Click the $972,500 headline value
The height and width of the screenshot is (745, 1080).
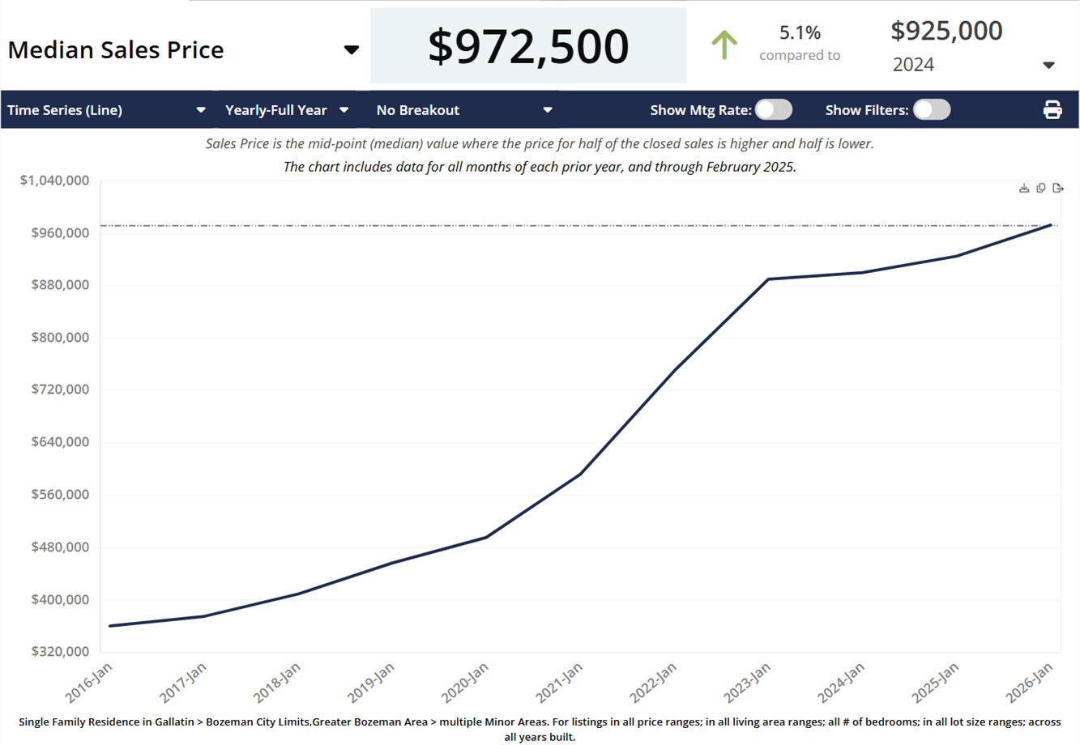tap(528, 46)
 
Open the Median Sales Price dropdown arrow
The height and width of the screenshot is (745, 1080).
tap(351, 50)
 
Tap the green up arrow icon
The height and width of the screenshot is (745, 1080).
tap(724, 45)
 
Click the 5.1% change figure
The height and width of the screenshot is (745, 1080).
tap(800, 33)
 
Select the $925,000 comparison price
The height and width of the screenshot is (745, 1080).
tap(946, 31)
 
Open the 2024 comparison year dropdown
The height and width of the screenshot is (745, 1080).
tap(1048, 65)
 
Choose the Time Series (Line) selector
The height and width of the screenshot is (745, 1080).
tap(106, 110)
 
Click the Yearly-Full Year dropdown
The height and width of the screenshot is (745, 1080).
tap(287, 110)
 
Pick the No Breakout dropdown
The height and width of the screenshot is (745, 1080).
tap(463, 110)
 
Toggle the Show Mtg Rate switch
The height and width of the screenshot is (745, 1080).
tap(773, 110)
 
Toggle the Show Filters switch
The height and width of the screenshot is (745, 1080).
tap(931, 110)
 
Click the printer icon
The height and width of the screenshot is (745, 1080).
tap(1052, 110)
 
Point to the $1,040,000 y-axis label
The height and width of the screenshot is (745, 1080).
tap(54, 180)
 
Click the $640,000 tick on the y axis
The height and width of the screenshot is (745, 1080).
tap(60, 442)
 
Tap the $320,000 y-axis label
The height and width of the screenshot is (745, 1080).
tap(60, 651)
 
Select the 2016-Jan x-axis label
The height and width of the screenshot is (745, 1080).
tap(89, 682)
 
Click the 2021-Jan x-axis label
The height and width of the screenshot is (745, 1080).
tap(559, 682)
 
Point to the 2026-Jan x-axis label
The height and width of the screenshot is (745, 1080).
tap(1030, 682)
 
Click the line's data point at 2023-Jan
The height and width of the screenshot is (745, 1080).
tap(768, 279)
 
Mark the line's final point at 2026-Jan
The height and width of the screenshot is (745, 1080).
tap(1051, 224)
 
